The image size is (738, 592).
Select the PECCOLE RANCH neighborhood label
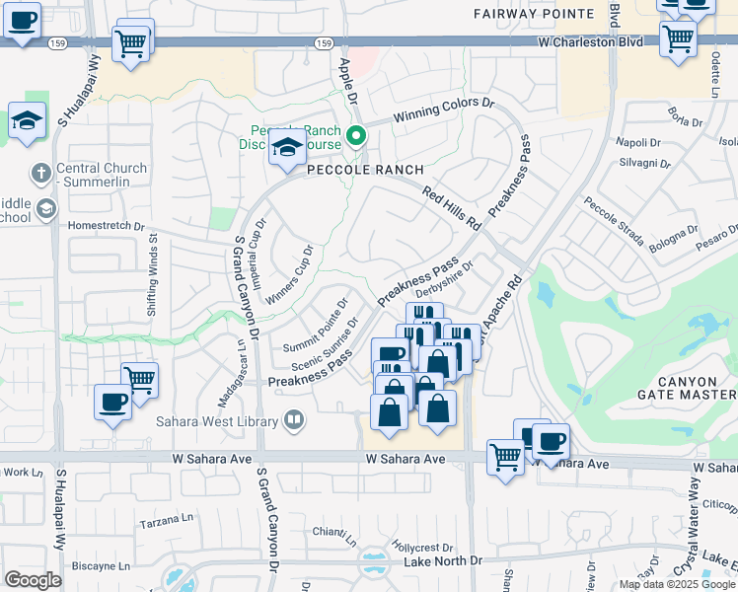[365, 170]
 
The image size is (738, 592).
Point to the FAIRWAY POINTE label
[534, 14]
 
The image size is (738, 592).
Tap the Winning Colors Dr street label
[443, 110]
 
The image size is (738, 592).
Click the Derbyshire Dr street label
[445, 278]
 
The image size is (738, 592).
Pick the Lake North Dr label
[443, 560]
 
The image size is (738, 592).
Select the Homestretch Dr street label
[106, 225]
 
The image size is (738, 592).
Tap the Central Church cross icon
[40, 174]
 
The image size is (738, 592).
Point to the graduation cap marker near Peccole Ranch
[287, 148]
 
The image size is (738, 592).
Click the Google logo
[33, 579]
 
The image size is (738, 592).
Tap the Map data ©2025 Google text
[678, 584]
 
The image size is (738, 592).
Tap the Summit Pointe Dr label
[316, 327]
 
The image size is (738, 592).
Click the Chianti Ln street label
[332, 532]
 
